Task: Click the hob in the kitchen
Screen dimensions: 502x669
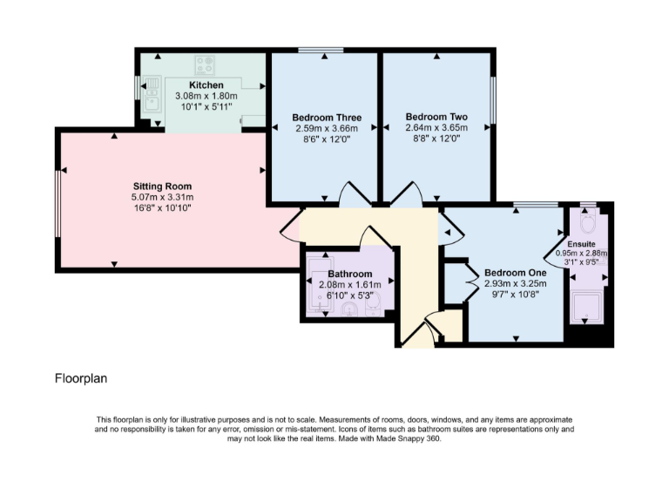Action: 206,64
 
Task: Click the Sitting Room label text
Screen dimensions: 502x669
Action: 162,187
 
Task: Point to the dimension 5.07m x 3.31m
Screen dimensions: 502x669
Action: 162,198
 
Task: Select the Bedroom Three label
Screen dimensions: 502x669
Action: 327,118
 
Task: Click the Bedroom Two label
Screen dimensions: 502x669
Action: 436,116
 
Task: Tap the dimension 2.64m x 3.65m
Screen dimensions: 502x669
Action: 436,127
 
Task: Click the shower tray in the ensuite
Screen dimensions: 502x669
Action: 589,306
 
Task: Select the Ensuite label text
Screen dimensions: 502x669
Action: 581,243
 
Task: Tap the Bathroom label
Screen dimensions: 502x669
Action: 350,274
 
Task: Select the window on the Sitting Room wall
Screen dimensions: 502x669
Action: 57,202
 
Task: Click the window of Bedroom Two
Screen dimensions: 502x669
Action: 492,101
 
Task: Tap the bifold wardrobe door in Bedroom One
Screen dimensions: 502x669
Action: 473,282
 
